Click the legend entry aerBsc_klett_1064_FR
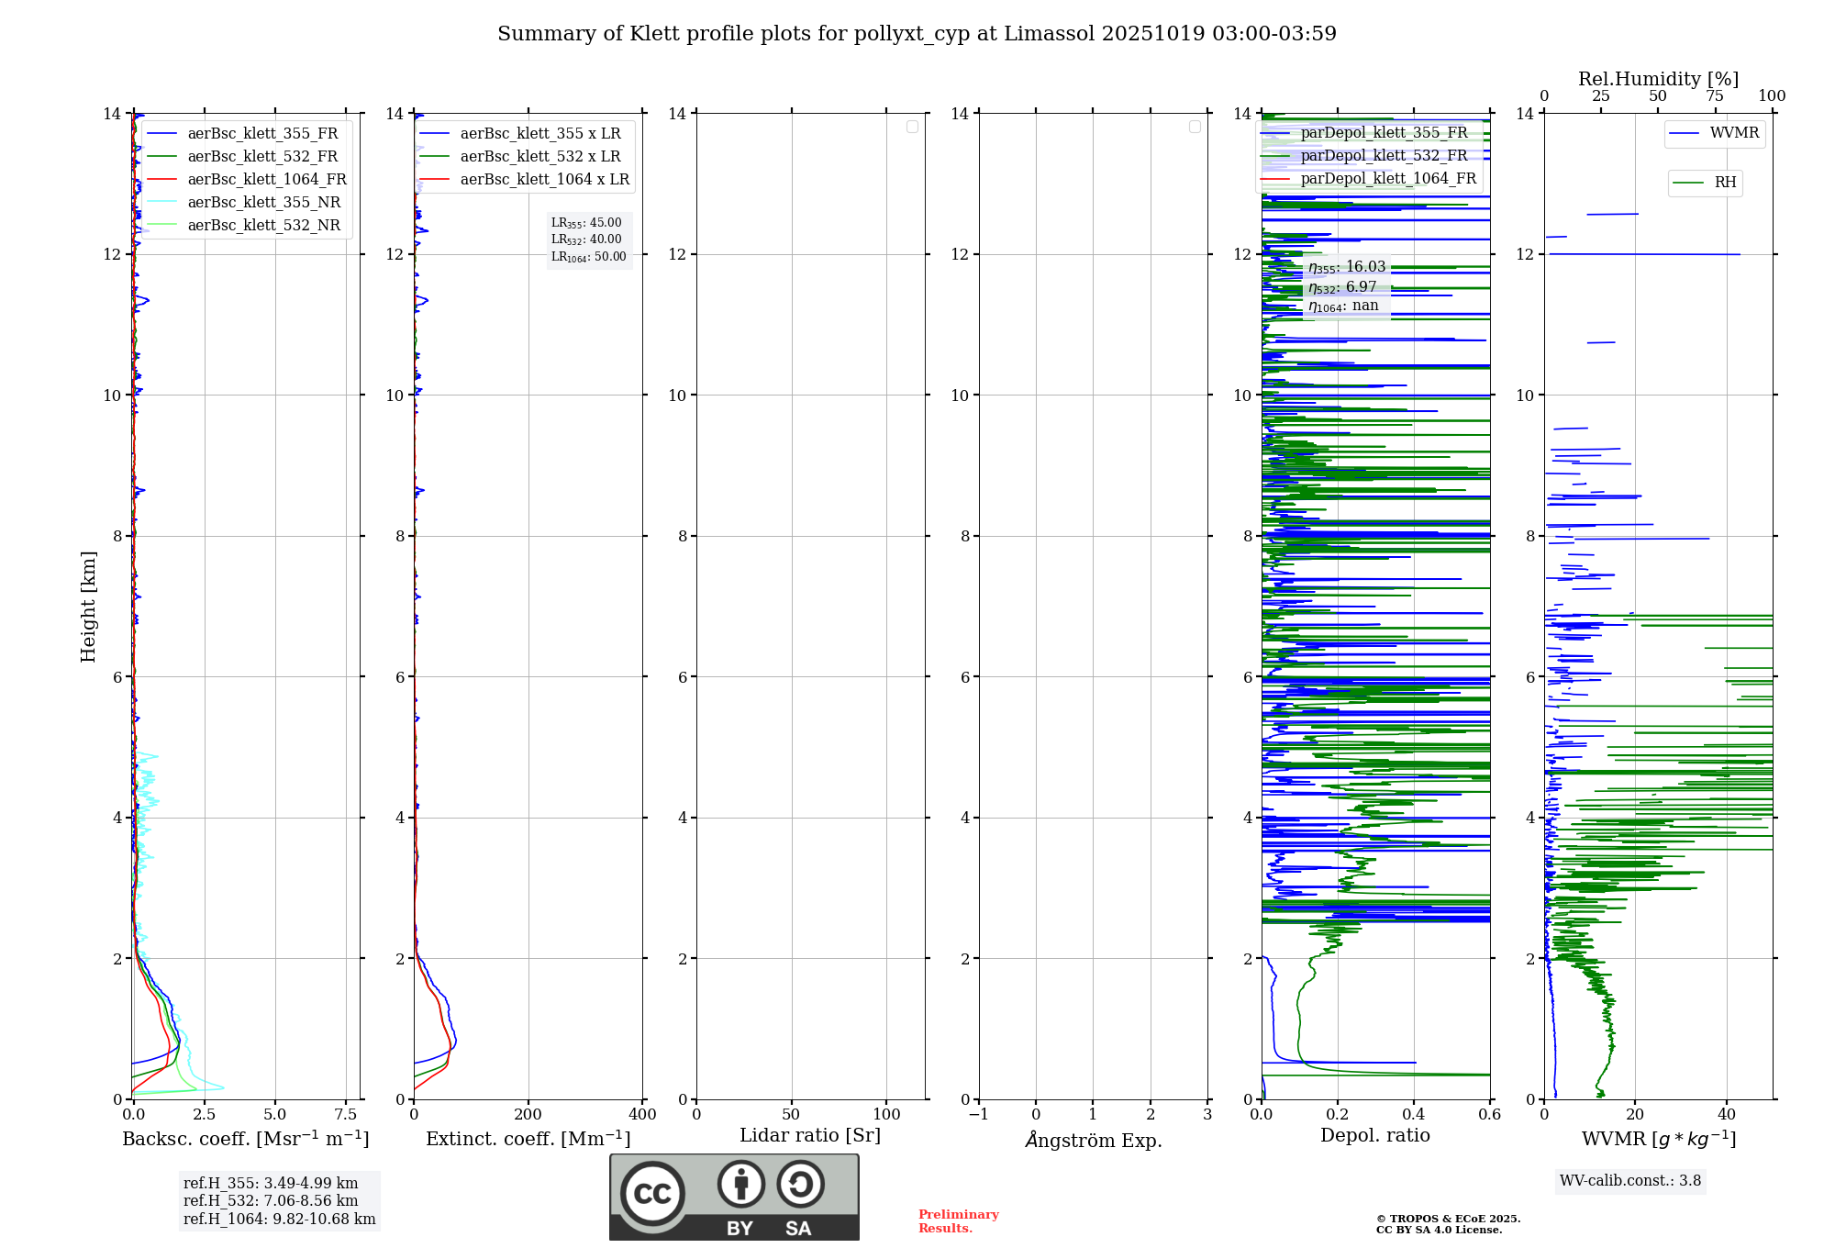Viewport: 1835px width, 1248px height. [x=266, y=180]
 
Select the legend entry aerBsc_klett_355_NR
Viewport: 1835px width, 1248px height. [x=263, y=203]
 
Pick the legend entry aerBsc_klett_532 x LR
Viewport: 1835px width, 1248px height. [x=539, y=157]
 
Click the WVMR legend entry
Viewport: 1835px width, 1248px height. [x=1733, y=133]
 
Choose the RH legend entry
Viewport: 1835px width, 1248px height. [x=1724, y=183]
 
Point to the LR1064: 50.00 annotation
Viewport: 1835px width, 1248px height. [x=588, y=257]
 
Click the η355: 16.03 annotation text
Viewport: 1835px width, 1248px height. [x=1347, y=267]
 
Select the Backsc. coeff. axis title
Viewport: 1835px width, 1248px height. [x=246, y=1139]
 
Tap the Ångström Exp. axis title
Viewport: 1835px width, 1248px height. [x=1094, y=1140]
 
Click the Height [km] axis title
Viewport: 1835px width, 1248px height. [x=88, y=607]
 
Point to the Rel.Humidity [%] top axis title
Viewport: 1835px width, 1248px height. [x=1658, y=79]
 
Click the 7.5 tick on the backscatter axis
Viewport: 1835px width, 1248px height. [x=345, y=1115]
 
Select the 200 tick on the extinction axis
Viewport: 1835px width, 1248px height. [x=528, y=1115]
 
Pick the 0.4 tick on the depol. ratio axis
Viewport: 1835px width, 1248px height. [x=1414, y=1115]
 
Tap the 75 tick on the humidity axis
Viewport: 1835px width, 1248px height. [x=1714, y=96]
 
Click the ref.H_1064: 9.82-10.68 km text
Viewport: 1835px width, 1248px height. [x=279, y=1219]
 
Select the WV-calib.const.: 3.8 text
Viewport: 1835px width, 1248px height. [x=1630, y=1181]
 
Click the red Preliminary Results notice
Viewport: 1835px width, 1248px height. [x=958, y=1221]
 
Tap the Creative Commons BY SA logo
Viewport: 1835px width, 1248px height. [x=734, y=1197]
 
